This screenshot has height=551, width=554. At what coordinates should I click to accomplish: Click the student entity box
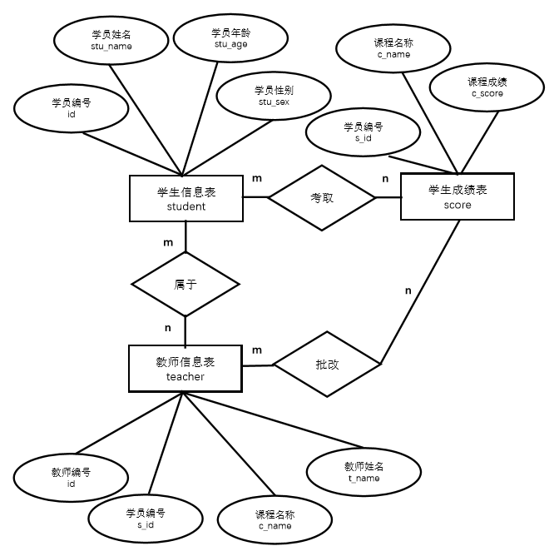(x=186, y=200)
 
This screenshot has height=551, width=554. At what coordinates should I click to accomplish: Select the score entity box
(x=458, y=196)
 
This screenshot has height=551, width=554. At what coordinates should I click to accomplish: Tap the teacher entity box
(x=185, y=369)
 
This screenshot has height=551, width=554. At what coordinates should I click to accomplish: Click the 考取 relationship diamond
(x=321, y=198)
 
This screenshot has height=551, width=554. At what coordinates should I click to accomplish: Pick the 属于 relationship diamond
(x=185, y=284)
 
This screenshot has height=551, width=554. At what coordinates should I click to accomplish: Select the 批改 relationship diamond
(x=327, y=364)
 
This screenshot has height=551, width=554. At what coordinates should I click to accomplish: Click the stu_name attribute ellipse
(x=111, y=42)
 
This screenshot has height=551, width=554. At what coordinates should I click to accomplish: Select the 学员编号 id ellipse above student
(x=72, y=109)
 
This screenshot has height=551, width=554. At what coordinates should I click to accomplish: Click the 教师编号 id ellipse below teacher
(x=71, y=478)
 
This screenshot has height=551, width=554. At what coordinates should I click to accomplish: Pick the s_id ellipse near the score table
(x=364, y=133)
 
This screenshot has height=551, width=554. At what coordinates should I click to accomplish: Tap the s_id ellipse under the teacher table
(x=146, y=518)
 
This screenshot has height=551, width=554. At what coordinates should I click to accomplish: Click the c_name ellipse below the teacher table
(x=275, y=520)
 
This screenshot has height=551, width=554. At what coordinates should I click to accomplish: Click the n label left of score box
(x=384, y=178)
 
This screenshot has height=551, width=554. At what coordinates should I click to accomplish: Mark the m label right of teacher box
(x=257, y=350)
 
